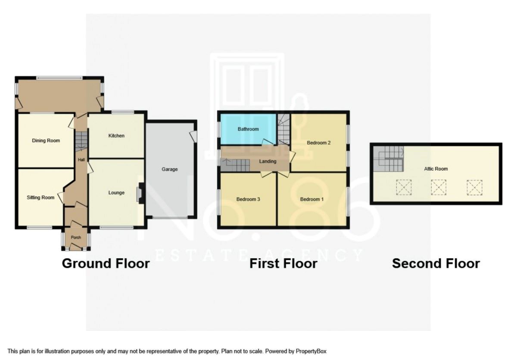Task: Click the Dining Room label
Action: tap(46, 141)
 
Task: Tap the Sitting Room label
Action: tap(40, 197)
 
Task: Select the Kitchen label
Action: tap(116, 135)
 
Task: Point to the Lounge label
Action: tap(116, 193)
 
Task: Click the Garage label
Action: tap(170, 169)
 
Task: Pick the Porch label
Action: tap(76, 238)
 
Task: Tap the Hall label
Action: tap(81, 160)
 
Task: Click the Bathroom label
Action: tap(248, 129)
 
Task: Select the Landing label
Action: tap(268, 161)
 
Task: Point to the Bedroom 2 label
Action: tap(319, 143)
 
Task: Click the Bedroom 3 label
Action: tap(248, 199)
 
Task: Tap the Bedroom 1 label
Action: tap(312, 199)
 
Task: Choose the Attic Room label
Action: tap(436, 169)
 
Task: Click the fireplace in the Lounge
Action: tap(140, 193)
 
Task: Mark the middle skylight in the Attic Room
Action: tap(439, 188)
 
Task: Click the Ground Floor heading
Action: tap(106, 263)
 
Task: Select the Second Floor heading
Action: tap(436, 263)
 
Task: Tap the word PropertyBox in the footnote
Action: tap(311, 351)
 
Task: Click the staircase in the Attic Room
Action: tap(389, 159)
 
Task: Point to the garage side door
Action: tap(194, 136)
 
